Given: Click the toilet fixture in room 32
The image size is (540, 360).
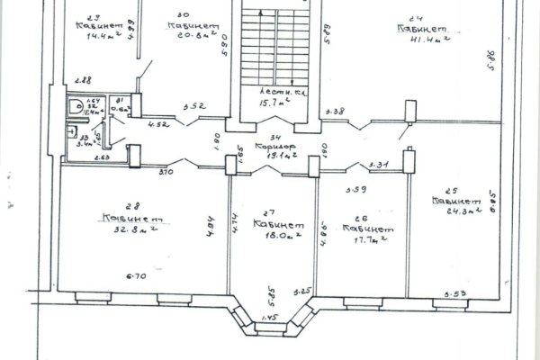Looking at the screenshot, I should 78,108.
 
